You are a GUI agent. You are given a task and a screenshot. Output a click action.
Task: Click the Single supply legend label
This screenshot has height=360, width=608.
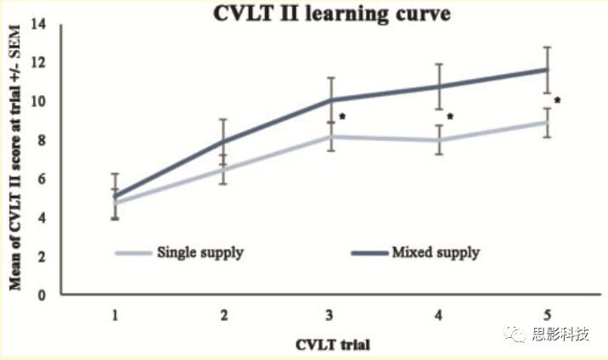(x=200, y=252)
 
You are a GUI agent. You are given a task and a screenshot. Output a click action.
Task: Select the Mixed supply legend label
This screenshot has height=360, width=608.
(x=436, y=252)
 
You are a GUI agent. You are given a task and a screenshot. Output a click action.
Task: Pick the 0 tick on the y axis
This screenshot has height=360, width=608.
(x=40, y=295)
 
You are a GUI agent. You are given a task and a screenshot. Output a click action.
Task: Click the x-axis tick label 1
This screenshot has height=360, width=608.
(x=115, y=316)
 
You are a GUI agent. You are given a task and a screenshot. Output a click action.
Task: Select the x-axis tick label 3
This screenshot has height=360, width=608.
(x=331, y=316)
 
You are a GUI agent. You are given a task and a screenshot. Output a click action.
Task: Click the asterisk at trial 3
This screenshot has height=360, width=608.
(x=341, y=117)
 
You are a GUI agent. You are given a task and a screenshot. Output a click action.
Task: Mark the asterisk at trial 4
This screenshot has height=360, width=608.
(x=450, y=117)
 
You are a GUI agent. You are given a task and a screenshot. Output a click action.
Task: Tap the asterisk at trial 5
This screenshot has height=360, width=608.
(x=557, y=100)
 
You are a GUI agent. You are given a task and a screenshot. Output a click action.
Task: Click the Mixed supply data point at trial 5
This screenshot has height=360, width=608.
(x=548, y=70)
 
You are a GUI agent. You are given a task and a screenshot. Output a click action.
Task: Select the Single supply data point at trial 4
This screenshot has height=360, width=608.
(x=439, y=140)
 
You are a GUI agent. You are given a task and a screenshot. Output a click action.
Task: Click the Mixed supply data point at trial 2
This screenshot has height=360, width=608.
(x=222, y=141)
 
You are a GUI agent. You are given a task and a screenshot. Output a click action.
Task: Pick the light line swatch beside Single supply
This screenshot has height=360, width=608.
(x=132, y=252)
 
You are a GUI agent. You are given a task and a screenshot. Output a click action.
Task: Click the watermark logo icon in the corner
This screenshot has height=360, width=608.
(x=515, y=335)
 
